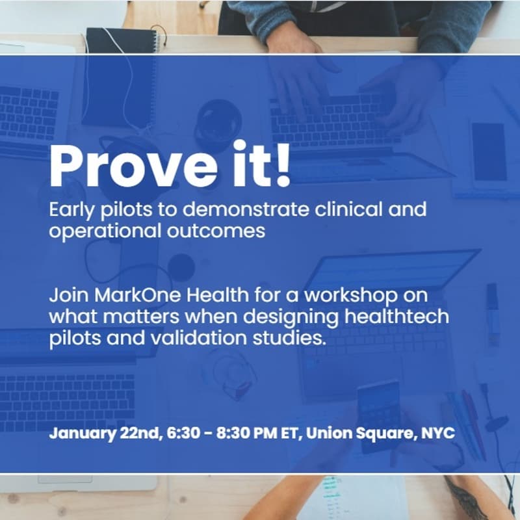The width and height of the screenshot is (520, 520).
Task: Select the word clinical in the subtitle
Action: point(338,211)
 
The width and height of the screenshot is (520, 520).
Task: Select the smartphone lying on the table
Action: point(489,149)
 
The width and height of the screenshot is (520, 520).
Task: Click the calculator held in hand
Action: point(378,415)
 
